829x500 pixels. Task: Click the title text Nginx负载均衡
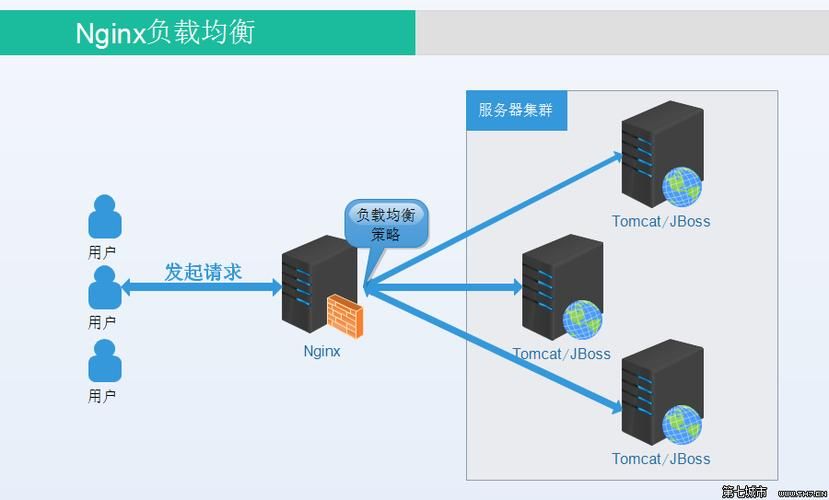(x=166, y=33)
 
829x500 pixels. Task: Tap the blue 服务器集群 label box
(x=516, y=110)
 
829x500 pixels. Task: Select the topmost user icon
(x=104, y=216)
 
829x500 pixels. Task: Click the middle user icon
(x=104, y=288)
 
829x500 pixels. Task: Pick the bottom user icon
(x=104, y=361)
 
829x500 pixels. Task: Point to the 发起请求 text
(x=203, y=271)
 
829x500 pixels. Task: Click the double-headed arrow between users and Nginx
(x=200, y=288)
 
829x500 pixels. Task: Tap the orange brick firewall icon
(x=345, y=315)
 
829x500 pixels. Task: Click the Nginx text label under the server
(x=322, y=351)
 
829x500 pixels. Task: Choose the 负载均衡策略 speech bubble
(x=386, y=225)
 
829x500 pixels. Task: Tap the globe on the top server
(x=681, y=186)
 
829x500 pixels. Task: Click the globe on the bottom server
(x=681, y=424)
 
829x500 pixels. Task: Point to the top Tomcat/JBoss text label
(x=661, y=221)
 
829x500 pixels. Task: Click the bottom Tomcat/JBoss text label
(x=661, y=459)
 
